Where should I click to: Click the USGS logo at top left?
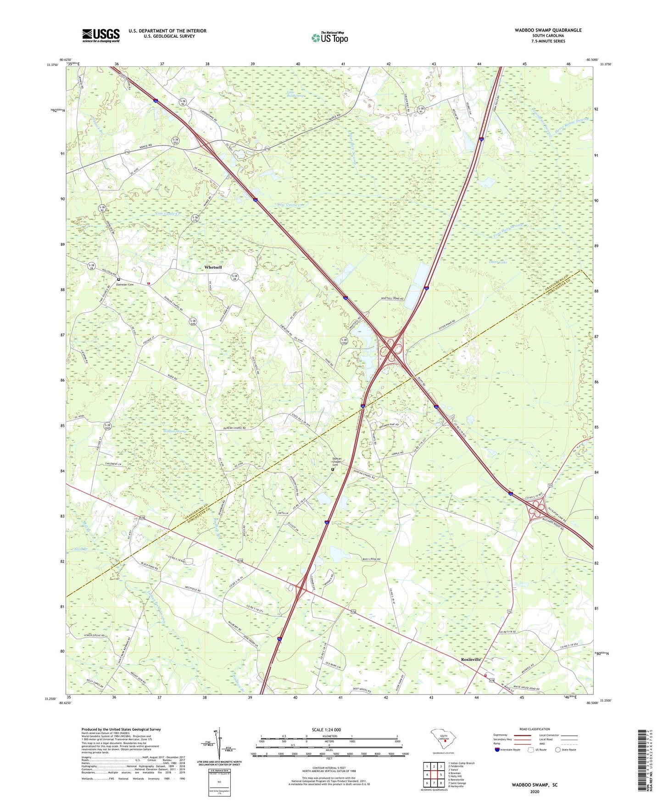[101, 35]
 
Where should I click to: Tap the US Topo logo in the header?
[329, 38]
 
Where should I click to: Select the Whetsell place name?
[213, 267]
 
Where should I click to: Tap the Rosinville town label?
[471, 659]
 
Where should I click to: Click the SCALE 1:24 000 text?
[326, 729]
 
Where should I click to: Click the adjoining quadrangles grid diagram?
[434, 775]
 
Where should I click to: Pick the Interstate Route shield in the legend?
[498, 750]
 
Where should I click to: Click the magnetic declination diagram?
[220, 746]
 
